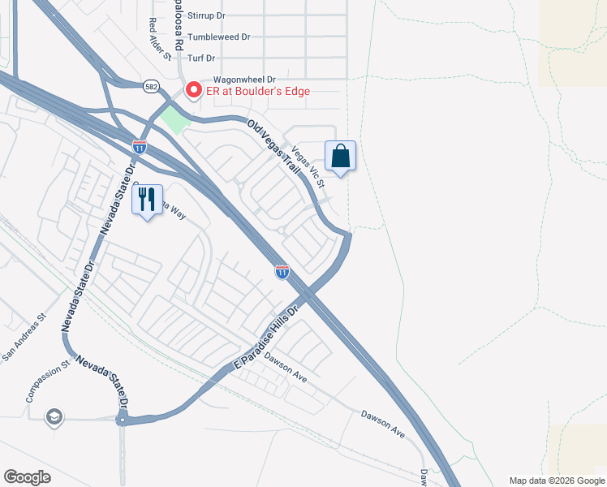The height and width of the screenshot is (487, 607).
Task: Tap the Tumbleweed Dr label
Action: pos(218,37)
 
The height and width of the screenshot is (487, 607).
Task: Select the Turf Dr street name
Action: pos(200,58)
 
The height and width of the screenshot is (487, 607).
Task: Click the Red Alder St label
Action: pos(159,38)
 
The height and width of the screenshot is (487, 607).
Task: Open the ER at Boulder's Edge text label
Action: pos(258,91)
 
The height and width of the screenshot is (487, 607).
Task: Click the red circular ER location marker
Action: pos(194,90)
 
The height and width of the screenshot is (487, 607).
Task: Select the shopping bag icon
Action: pos(341,156)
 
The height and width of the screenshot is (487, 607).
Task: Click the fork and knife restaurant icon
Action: pos(147,199)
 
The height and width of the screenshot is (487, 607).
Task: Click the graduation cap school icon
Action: pos(54,417)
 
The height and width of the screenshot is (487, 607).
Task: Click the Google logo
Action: pos(27,476)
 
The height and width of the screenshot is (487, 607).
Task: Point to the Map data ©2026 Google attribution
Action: pos(556,481)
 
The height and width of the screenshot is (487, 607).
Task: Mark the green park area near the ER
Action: pos(173,119)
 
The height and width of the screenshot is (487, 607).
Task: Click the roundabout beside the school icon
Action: pos(122,420)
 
